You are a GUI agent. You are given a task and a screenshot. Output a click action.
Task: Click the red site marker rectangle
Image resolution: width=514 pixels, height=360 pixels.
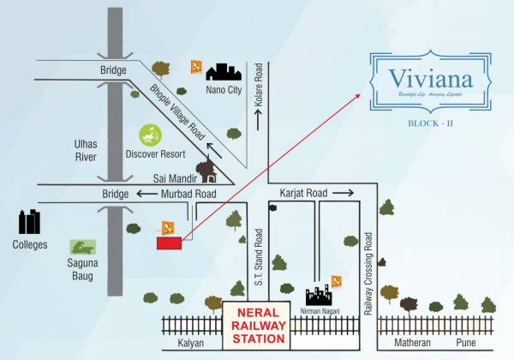(x=170, y=243)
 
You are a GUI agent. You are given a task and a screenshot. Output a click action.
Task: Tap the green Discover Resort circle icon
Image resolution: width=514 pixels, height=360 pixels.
(x=150, y=135)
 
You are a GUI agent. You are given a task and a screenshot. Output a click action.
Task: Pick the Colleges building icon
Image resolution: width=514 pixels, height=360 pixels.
(x=31, y=223)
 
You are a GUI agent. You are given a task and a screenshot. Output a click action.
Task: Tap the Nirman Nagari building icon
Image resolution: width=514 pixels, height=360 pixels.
(x=318, y=296)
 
